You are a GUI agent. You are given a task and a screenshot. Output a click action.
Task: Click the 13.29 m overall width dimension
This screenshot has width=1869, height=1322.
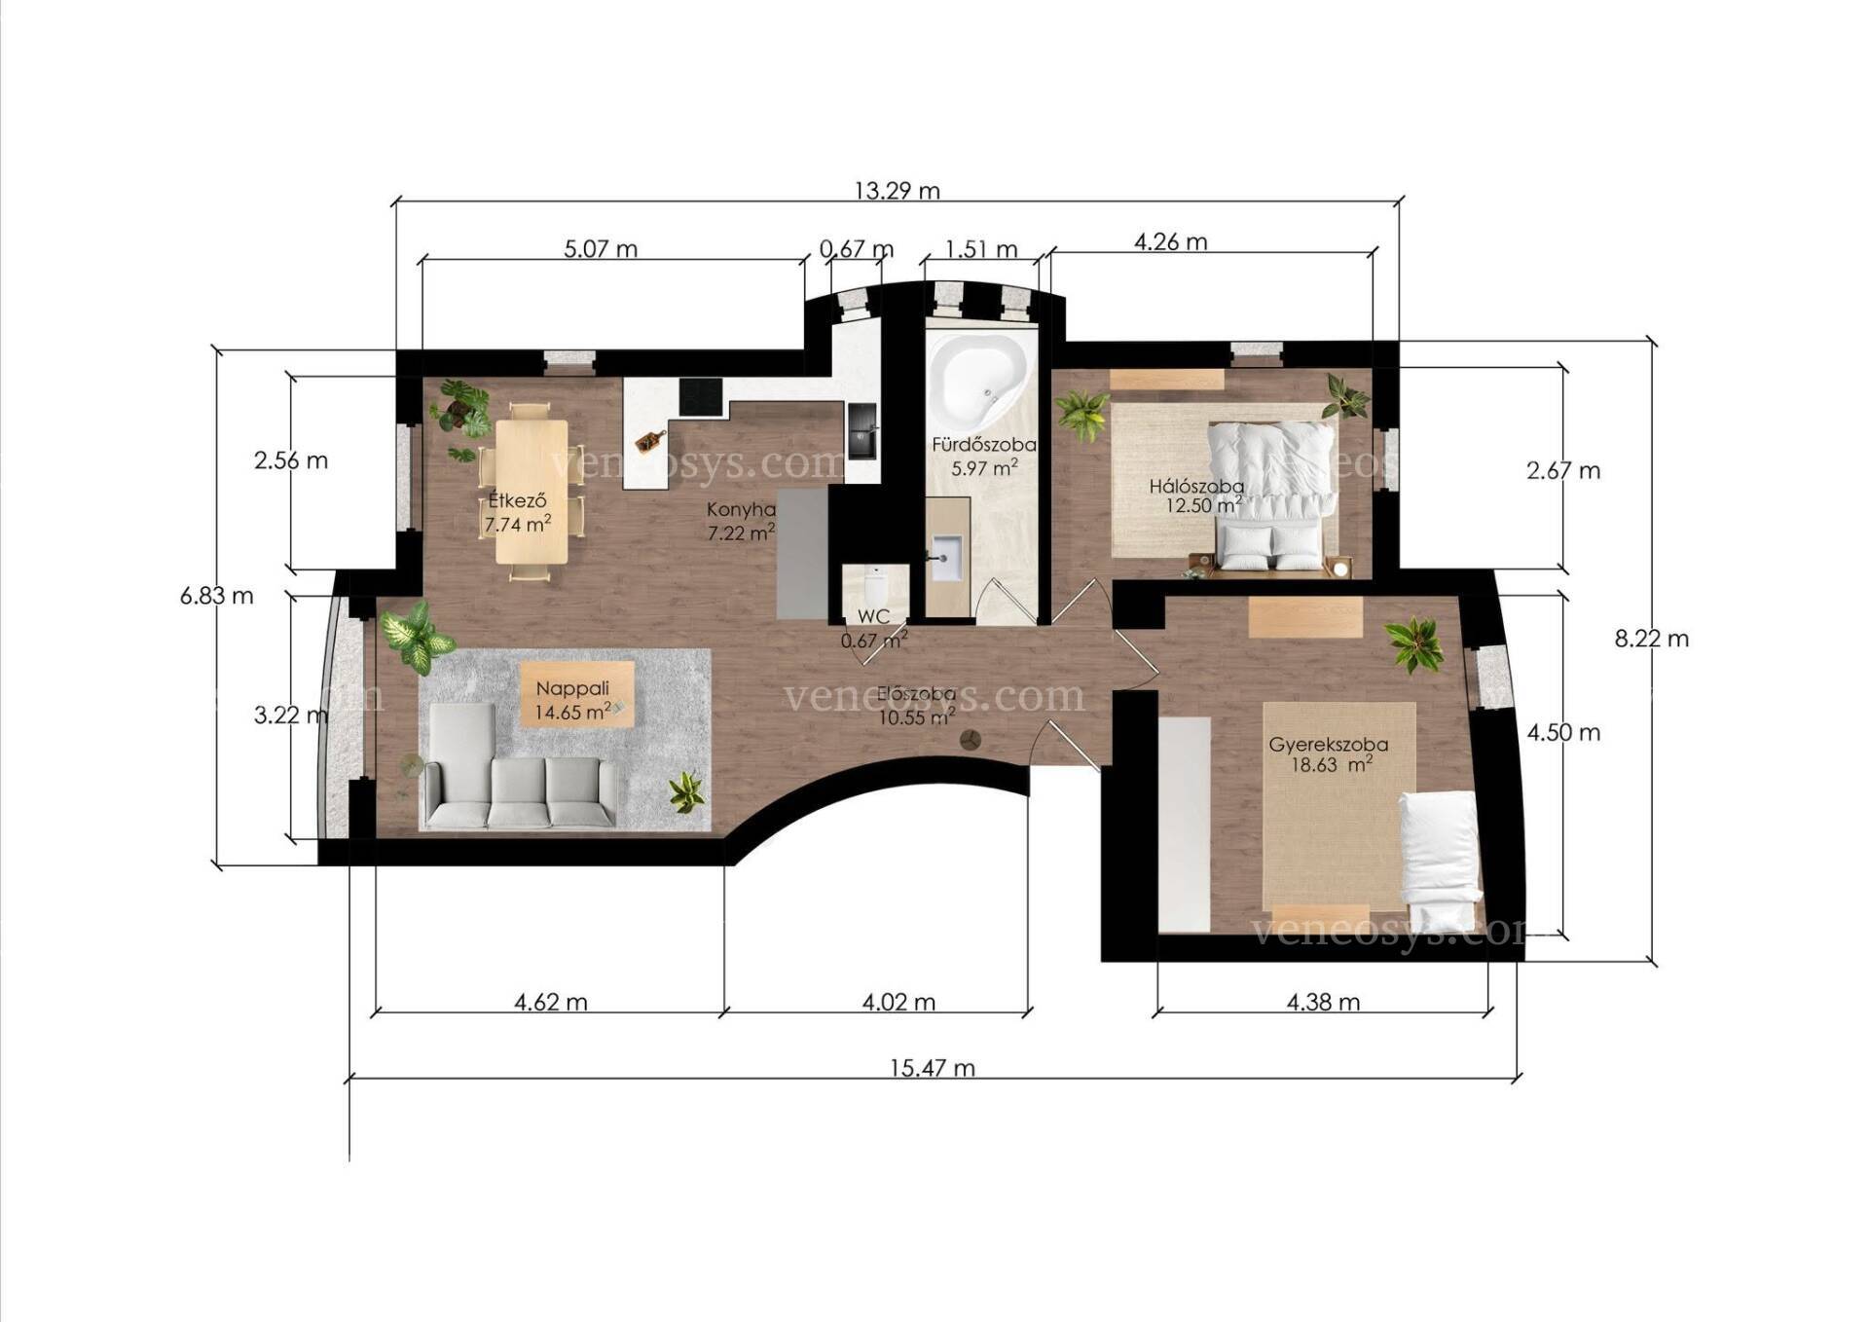(897, 191)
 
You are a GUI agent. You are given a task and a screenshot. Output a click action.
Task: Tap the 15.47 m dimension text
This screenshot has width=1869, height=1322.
(932, 1068)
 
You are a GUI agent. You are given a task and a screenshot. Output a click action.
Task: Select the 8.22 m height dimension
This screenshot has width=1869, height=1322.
(1652, 639)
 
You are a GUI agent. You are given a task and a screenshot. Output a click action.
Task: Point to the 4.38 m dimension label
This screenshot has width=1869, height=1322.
(1323, 1002)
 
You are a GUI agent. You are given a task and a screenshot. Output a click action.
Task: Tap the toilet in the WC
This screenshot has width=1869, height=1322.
(874, 586)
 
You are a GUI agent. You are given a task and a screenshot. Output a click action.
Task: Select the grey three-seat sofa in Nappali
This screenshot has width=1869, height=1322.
(519, 792)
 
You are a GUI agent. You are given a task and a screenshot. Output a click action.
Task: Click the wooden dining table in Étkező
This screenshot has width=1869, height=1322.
(531, 492)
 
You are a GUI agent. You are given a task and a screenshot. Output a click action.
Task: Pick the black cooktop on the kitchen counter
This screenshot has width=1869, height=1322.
(701, 397)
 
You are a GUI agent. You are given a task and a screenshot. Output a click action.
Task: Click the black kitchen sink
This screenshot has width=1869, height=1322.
(862, 430)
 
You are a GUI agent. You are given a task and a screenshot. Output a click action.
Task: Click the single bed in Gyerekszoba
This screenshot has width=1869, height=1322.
(1439, 861)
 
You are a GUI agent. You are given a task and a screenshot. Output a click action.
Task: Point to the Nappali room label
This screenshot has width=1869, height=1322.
(572, 688)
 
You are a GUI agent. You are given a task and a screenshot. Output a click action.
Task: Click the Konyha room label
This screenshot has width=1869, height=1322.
(741, 509)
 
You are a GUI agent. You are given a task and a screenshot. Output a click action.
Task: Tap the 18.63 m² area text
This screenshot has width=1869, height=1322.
(1332, 764)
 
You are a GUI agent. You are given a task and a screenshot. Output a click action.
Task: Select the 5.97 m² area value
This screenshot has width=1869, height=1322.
(984, 467)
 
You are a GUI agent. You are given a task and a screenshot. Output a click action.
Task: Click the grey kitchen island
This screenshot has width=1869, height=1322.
(802, 553)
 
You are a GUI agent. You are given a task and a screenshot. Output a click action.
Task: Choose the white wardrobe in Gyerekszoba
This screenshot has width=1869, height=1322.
(1185, 825)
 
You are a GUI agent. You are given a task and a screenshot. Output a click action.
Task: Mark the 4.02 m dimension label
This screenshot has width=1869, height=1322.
(899, 1002)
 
